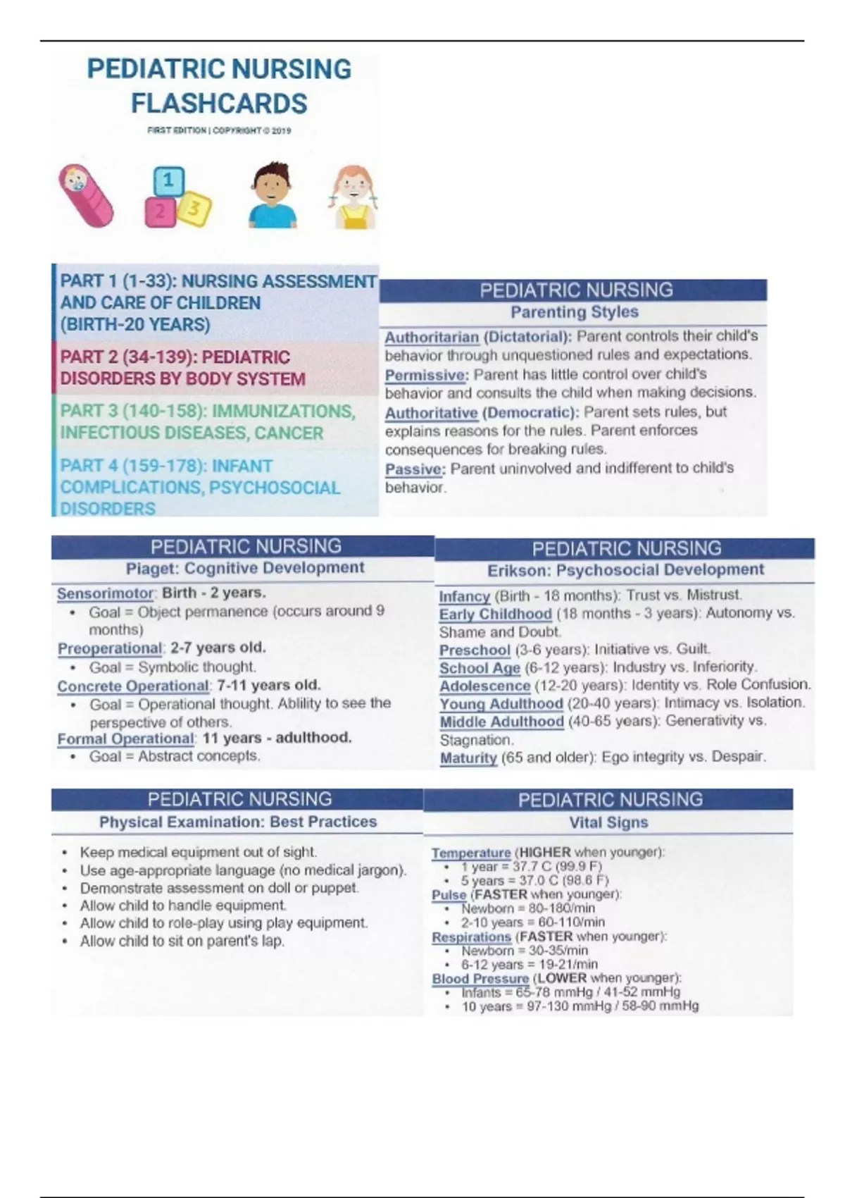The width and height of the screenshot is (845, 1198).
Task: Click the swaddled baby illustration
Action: (x=86, y=196)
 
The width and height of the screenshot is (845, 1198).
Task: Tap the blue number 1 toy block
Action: (x=168, y=182)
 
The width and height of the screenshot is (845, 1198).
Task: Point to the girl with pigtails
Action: (x=353, y=197)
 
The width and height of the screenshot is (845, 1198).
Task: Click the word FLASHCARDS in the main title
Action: (x=219, y=104)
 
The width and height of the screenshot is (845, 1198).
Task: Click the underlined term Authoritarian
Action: (x=431, y=337)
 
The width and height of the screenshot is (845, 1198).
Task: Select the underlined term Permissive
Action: (x=425, y=375)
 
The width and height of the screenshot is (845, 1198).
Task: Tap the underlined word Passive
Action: (x=414, y=469)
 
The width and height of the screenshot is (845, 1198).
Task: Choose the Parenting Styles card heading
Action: (x=574, y=312)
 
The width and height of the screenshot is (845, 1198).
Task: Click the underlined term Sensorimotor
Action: (x=105, y=593)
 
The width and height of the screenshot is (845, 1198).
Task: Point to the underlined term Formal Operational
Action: (x=125, y=739)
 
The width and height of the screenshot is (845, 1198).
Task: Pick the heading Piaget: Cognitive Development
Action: (x=244, y=568)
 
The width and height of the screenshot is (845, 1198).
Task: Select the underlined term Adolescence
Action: (x=484, y=685)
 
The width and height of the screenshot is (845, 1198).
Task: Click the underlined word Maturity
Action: (x=468, y=758)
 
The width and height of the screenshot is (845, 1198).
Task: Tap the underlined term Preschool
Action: (x=474, y=650)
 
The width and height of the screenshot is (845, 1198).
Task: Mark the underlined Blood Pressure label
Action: (x=480, y=978)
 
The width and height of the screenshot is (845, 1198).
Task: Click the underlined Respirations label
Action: (x=470, y=937)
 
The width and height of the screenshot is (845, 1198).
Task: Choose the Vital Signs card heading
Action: (x=608, y=822)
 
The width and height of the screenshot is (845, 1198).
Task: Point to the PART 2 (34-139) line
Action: (x=175, y=357)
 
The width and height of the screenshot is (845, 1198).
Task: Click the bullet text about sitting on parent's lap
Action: (x=182, y=941)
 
